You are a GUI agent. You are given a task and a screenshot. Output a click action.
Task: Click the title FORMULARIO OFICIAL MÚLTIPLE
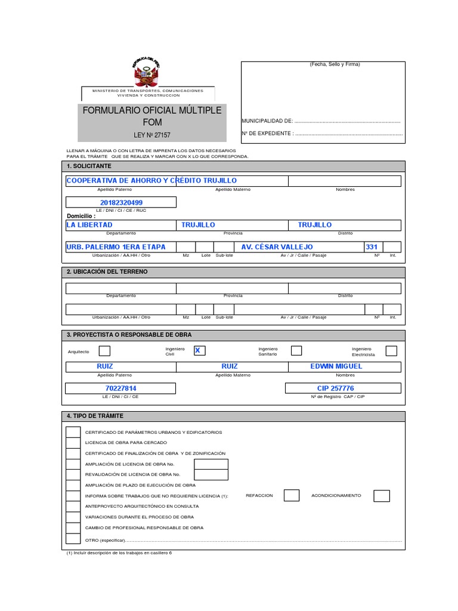151,110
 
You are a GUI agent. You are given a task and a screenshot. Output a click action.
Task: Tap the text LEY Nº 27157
151,135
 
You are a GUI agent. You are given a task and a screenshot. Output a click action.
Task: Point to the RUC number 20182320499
121,203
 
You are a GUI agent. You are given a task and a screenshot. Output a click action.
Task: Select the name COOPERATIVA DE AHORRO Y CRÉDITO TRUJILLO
151,180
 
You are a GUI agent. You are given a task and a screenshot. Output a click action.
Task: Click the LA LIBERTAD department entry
89,225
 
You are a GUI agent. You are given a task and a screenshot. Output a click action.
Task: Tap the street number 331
372,247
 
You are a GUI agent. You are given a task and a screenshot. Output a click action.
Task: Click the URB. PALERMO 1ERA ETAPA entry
116,247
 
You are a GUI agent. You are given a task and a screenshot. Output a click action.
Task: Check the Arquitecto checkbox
104,351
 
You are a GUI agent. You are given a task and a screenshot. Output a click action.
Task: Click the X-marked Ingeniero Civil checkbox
199,351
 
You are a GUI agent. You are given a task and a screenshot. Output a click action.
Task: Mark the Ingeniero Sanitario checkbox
296,351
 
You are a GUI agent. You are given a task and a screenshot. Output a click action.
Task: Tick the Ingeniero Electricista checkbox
391,351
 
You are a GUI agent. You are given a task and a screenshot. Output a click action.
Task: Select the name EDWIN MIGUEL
336,366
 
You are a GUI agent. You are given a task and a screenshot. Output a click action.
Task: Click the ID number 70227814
121,388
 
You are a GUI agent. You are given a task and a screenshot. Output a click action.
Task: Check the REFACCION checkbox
292,495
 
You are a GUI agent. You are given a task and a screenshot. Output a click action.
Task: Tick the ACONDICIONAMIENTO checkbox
382,496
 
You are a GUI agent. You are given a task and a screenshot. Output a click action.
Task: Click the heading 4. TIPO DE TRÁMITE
95,416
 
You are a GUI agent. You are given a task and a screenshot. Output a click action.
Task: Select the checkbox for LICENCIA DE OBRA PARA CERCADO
73,443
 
